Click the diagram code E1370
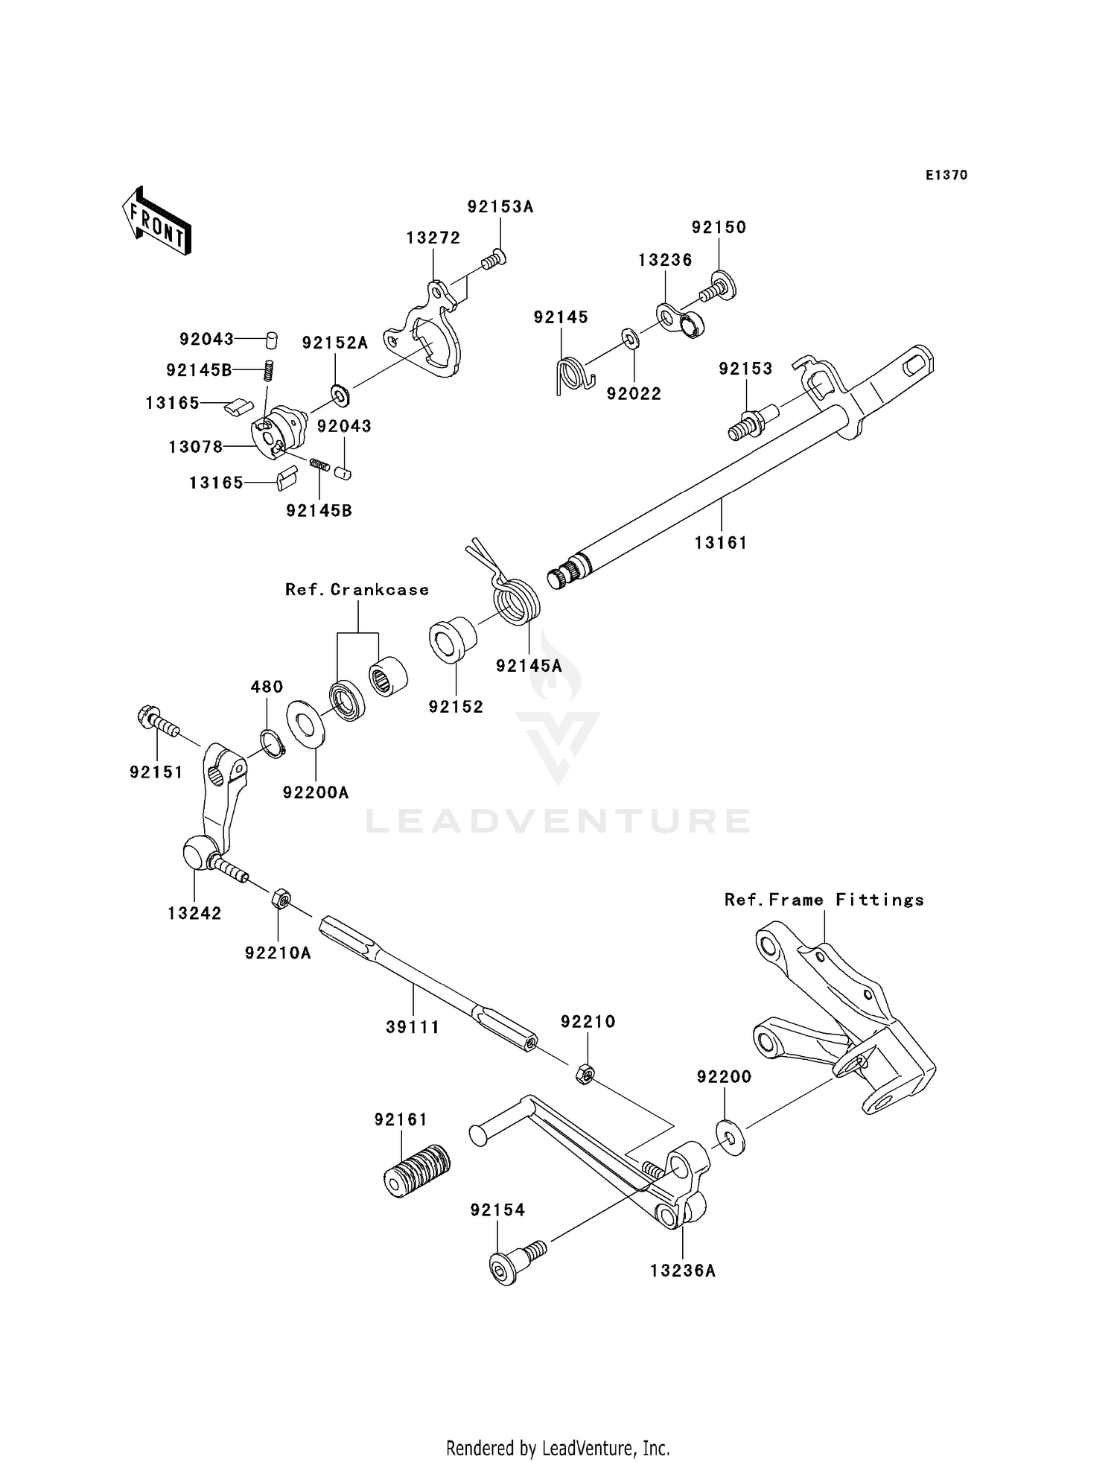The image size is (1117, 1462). tap(946, 175)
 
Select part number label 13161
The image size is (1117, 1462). tap(720, 543)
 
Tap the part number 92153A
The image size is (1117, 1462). tap(500, 207)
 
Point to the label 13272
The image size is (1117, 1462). tap(433, 238)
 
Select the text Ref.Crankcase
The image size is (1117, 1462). tap(357, 590)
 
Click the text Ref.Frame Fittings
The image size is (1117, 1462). tap(824, 900)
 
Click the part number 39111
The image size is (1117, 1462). tap(413, 1027)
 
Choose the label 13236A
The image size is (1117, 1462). tap(682, 1271)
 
